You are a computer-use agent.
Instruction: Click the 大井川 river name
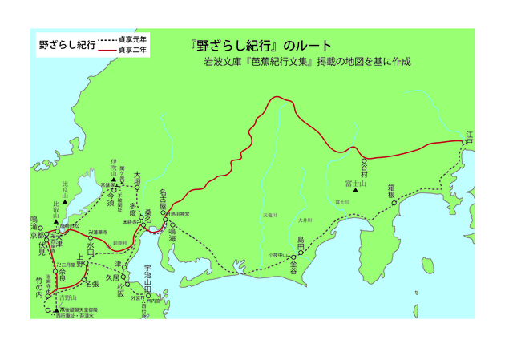[304, 220]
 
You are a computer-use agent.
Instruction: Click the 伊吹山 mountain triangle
[114, 180]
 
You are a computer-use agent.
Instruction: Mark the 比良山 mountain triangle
[64, 197]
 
